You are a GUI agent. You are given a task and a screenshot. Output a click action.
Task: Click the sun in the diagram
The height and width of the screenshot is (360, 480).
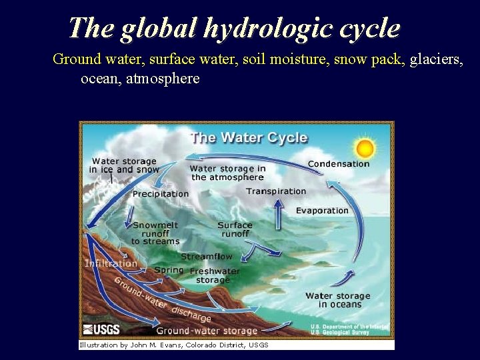(x=364, y=147)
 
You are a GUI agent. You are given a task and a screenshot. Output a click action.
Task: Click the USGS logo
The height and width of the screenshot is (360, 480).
(x=101, y=329)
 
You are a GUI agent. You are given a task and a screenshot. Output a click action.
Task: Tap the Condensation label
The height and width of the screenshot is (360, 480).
(x=338, y=164)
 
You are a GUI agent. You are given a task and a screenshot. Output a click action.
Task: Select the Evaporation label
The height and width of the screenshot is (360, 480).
(x=322, y=211)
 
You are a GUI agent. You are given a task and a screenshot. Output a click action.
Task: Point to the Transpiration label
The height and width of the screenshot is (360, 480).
(x=276, y=191)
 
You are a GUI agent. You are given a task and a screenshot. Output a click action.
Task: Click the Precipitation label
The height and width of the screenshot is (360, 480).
(x=161, y=194)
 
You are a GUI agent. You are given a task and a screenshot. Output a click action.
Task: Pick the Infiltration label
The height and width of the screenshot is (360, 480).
(x=111, y=263)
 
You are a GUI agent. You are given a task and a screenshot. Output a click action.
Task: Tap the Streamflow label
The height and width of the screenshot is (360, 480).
(x=207, y=256)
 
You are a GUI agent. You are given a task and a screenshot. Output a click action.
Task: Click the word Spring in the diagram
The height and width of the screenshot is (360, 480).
(x=169, y=270)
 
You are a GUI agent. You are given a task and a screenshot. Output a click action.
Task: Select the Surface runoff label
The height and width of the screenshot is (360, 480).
(x=235, y=229)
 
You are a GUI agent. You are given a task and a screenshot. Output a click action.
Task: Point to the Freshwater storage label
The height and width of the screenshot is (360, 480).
(x=215, y=275)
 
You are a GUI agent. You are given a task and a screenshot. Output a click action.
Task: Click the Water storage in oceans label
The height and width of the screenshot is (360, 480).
(x=337, y=300)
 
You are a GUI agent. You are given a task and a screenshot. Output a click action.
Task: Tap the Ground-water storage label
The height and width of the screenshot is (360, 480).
(x=207, y=331)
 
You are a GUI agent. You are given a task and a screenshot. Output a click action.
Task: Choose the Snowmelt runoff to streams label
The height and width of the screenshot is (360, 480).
(x=155, y=233)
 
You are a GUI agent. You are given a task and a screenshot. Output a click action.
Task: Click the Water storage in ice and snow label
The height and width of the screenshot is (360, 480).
(x=124, y=165)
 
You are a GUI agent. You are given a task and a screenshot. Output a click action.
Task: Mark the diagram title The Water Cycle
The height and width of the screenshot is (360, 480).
(x=249, y=138)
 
